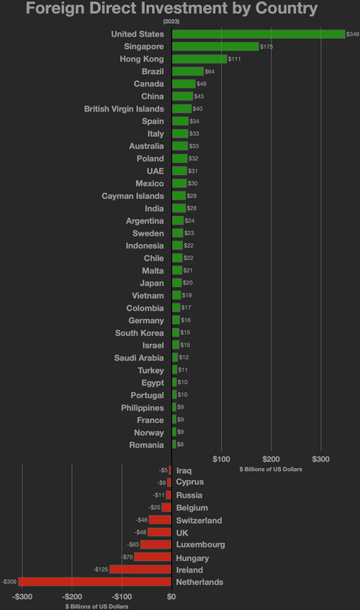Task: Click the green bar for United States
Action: pyautogui.click(x=258, y=34)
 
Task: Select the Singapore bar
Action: pyautogui.click(x=215, y=46)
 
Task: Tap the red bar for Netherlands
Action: pyautogui.click(x=95, y=581)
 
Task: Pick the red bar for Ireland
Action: pyautogui.click(x=140, y=570)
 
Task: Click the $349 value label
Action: pyautogui.click(x=353, y=35)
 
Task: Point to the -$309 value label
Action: pyautogui.click(x=9, y=581)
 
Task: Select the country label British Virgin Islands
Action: pyautogui.click(x=124, y=109)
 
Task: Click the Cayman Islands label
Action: pyautogui.click(x=132, y=196)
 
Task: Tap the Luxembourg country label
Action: pyautogui.click(x=200, y=544)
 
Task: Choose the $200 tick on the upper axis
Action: pyautogui.click(x=271, y=459)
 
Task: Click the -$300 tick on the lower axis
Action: pyautogui.click(x=22, y=596)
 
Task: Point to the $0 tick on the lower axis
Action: pyautogui.click(x=171, y=596)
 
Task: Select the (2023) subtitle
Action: pyautogui.click(x=171, y=22)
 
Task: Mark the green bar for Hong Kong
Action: pyautogui.click(x=199, y=59)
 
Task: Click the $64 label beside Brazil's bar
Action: pyautogui.click(x=210, y=72)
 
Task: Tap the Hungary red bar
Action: pyautogui.click(x=153, y=557)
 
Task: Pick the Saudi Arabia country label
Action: pyautogui.click(x=139, y=358)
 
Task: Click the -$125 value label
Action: pyautogui.click(x=100, y=570)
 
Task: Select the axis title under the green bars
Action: pyautogui.click(x=270, y=469)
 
